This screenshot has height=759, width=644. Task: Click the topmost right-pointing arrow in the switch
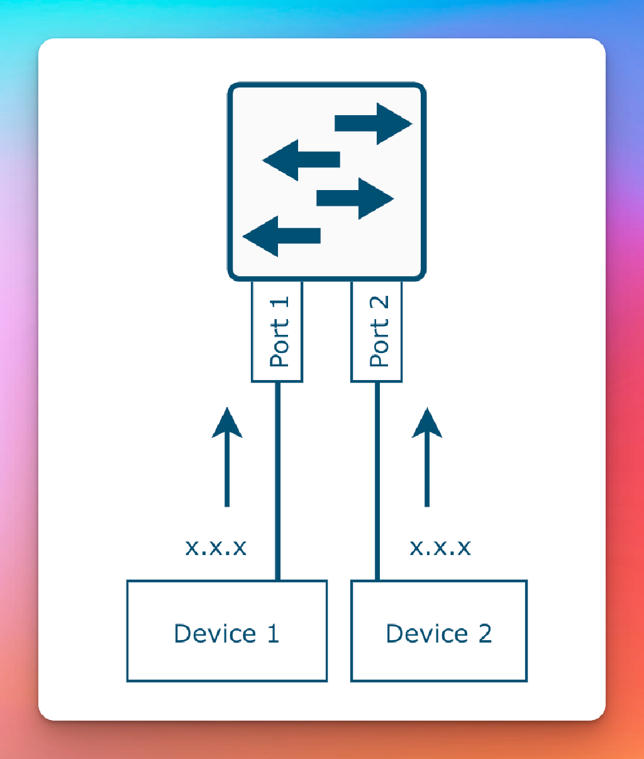click(372, 123)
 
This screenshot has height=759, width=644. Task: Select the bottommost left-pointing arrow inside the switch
click(282, 236)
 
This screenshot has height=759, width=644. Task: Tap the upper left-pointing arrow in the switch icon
click(301, 160)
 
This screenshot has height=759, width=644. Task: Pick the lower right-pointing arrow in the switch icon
click(355, 198)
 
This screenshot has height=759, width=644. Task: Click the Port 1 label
click(277, 332)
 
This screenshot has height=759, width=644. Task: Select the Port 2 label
click(377, 332)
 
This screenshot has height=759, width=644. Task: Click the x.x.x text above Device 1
click(216, 547)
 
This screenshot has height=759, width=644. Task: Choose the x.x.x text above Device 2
click(440, 547)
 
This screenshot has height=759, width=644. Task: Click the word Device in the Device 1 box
click(215, 633)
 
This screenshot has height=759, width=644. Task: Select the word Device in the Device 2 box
click(427, 633)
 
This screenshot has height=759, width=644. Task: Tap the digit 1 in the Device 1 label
click(273, 633)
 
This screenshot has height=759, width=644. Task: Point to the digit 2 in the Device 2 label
click(485, 633)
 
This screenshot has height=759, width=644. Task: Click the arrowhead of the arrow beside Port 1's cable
click(227, 423)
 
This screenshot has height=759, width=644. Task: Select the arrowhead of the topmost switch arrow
click(393, 123)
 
